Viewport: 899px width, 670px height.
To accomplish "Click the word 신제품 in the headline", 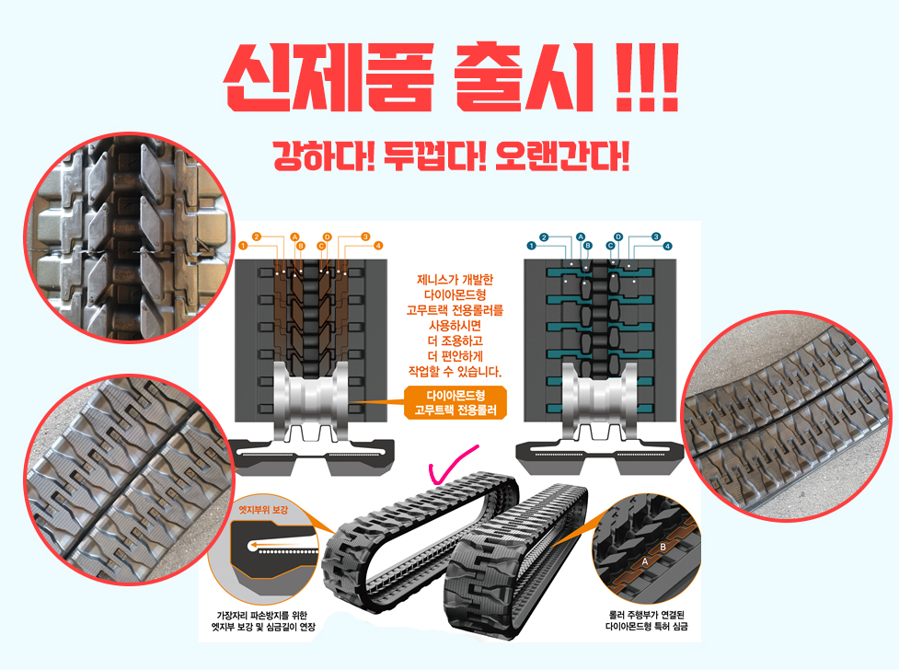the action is point(328,77).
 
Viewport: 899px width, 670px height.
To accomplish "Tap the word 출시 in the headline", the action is point(524,77).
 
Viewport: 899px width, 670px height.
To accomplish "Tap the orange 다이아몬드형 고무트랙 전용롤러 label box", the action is point(455,403).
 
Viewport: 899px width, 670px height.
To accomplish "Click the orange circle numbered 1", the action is point(243,246).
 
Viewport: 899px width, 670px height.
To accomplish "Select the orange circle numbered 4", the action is point(378,246).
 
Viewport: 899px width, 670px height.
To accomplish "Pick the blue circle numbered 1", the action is point(531,246).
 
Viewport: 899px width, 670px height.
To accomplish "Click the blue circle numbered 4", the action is point(667,246).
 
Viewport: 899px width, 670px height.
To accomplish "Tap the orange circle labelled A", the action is point(294,237).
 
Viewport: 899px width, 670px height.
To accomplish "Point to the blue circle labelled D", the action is point(618,237).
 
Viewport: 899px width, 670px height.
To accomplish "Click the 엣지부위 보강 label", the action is point(263,510).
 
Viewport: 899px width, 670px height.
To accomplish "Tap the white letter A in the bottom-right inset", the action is point(644,561).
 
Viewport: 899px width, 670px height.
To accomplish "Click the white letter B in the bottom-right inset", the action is point(663,548).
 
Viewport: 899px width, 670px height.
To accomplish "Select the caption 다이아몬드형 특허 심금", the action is point(646,627).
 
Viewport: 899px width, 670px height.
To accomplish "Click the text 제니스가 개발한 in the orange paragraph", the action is point(455,280).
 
